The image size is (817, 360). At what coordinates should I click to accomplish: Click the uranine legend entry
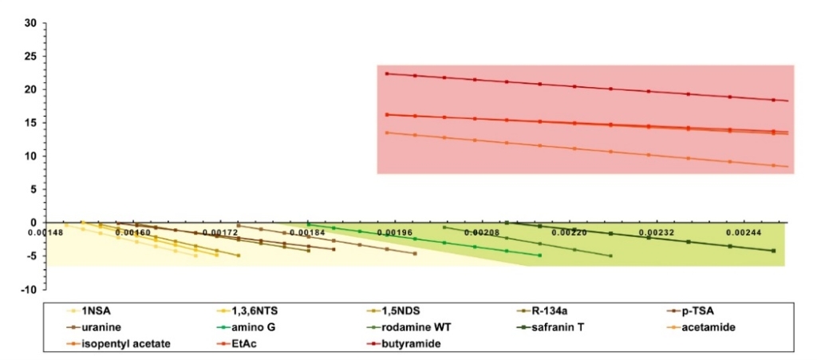point(98,327)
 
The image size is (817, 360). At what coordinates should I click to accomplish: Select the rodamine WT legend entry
point(406,327)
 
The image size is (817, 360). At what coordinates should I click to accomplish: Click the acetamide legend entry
point(701,327)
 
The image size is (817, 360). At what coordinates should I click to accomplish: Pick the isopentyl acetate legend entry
point(120,343)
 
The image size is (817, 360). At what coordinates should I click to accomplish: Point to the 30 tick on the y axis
point(31,23)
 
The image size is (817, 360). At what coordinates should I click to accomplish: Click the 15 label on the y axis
point(31,123)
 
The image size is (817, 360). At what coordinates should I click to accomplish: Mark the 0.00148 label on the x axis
point(44,232)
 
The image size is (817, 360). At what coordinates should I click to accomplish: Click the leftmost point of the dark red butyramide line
point(386,74)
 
